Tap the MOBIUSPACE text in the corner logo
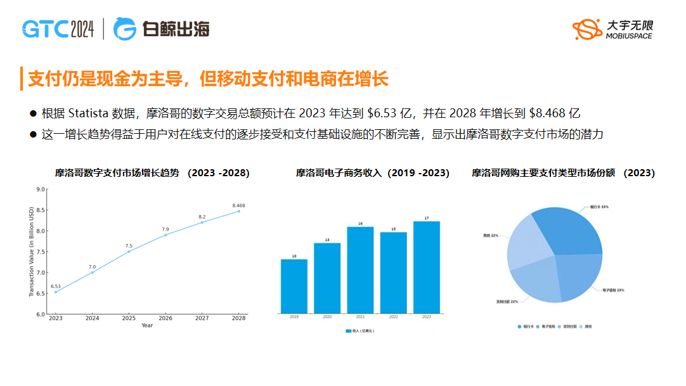pyautogui.click(x=628, y=36)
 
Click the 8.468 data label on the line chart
pyautogui.click(x=238, y=205)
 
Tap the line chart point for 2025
pyautogui.click(x=129, y=252)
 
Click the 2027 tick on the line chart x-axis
pyautogui.click(x=202, y=318)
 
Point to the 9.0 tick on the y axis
pyautogui.click(x=41, y=190)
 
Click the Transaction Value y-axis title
pyautogui.click(x=31, y=252)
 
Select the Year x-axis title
pyautogui.click(x=147, y=326)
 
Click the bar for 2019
pyautogui.click(x=294, y=286)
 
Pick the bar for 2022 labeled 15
pyautogui.click(x=393, y=273)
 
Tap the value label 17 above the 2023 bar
pyautogui.click(x=426, y=218)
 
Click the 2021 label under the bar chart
pyautogui.click(x=360, y=317)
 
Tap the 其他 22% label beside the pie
pyautogui.click(x=490, y=236)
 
